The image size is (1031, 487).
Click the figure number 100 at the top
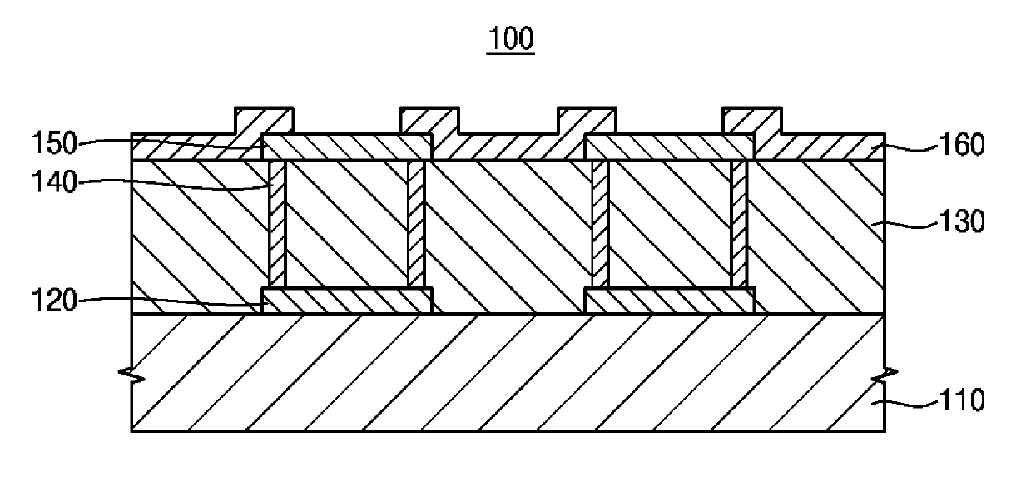[x=512, y=39]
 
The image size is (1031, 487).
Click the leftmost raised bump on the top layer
[x=264, y=119]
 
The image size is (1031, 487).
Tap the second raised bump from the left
[x=429, y=119]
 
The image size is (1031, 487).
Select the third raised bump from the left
[x=586, y=119]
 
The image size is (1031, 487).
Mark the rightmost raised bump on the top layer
[x=751, y=119]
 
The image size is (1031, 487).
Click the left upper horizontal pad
[x=347, y=147]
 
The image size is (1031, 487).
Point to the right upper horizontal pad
[x=670, y=147]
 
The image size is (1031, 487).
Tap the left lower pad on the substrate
[x=347, y=301]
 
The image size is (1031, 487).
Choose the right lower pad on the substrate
[x=670, y=301]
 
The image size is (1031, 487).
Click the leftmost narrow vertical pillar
[x=278, y=223]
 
